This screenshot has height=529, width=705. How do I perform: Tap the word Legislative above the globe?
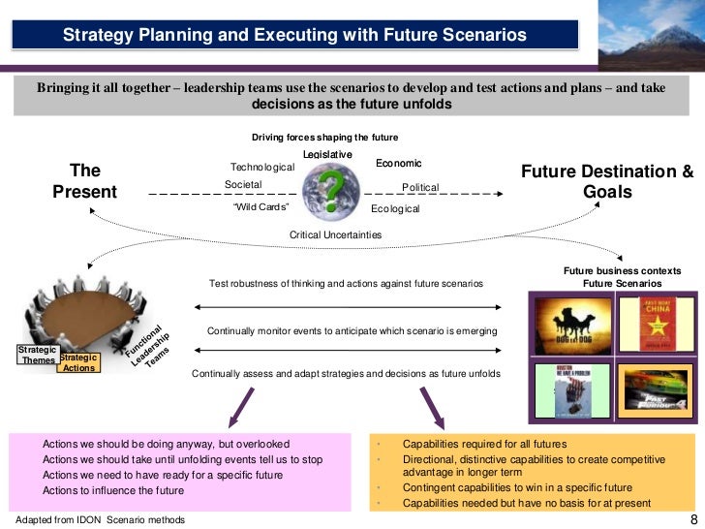327,155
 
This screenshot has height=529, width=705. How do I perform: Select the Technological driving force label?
261,168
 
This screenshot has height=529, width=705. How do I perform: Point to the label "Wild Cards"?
261,206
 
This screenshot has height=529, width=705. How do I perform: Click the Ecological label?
395,208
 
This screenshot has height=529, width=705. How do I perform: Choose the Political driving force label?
419,187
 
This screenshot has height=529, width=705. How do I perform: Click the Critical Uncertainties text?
335,234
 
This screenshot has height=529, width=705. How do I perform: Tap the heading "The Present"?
84,181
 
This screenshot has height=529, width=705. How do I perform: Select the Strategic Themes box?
39,355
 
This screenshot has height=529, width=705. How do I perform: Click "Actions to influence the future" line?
114,490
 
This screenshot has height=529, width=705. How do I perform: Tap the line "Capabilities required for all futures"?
484,444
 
